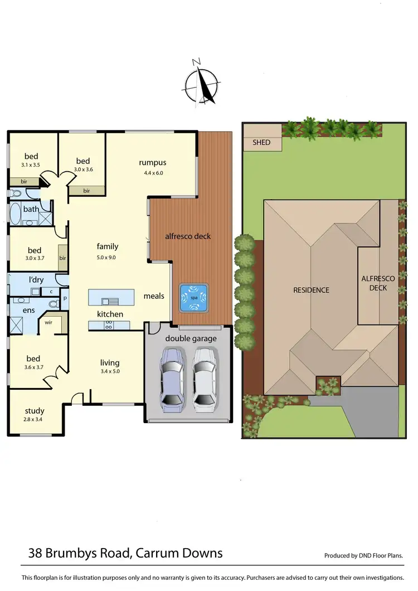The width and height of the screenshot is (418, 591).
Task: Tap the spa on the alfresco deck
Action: pos(193,297)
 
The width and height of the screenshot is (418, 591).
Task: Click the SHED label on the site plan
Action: pos(261,143)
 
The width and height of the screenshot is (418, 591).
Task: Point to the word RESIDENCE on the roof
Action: pos(312,290)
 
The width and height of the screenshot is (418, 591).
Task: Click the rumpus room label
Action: pos(153,163)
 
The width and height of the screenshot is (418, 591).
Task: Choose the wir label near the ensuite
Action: pos(48,322)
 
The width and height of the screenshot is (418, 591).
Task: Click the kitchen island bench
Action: pos(111,297)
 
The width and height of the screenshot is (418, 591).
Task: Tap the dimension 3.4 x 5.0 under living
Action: pos(110,371)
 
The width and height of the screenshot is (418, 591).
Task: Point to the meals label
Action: pos(154,295)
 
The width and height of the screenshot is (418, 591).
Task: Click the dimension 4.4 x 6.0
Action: pos(152,173)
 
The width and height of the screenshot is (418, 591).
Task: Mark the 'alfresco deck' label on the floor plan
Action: pos(188,236)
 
